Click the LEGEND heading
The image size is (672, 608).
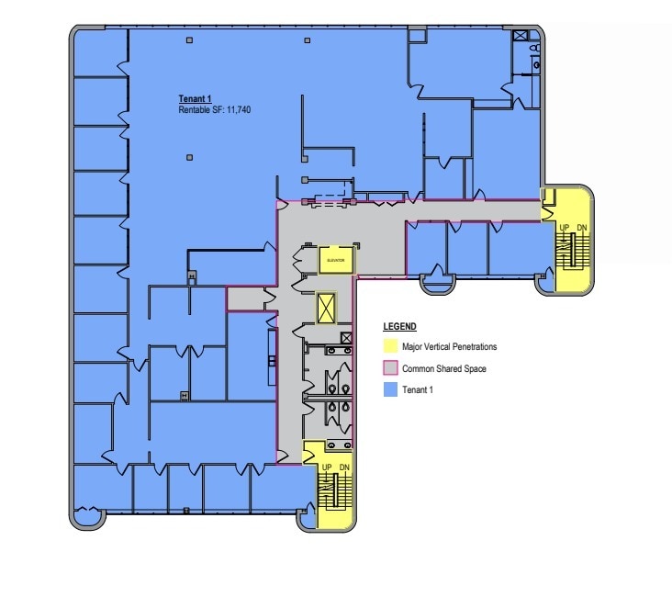click(399, 327)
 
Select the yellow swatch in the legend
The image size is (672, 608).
click(389, 346)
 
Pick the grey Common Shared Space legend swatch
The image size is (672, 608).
click(389, 368)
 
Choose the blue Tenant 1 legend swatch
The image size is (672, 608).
click(389, 389)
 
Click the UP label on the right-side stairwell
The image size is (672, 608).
click(563, 226)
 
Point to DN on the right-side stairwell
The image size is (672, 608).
click(582, 226)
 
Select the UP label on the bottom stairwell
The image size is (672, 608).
click(326, 467)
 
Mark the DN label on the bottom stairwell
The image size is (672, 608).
click(344, 467)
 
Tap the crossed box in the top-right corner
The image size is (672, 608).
click(521, 36)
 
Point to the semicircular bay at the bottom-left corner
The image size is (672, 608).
click(89, 519)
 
